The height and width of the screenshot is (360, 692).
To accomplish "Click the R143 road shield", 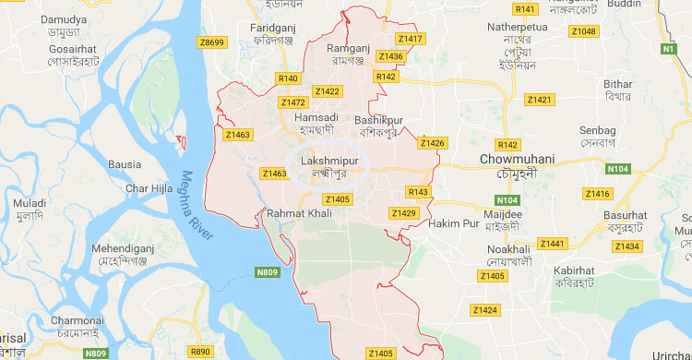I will [418, 192].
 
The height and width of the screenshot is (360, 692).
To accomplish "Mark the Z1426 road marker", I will [432, 143].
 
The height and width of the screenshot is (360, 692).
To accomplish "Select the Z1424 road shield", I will [483, 309].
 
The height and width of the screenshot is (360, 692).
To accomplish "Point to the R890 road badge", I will [199, 352].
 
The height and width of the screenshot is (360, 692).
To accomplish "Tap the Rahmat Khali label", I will [298, 213].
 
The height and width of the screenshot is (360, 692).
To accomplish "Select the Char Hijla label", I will [149, 188].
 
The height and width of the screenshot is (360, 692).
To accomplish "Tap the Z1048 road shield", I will [583, 31].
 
